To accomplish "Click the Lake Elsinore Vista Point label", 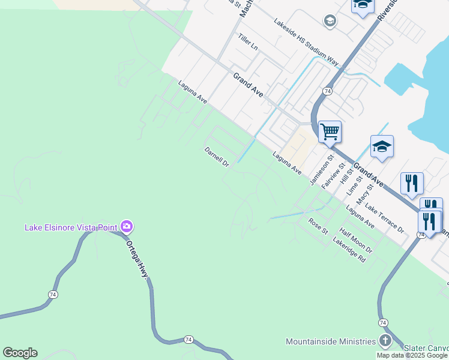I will point(71,227).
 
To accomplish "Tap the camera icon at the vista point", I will point(127,227).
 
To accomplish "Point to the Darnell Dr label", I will point(217,157).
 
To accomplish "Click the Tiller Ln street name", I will point(247,42).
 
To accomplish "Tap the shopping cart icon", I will point(330,131).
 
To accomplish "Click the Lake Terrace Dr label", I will point(385,219).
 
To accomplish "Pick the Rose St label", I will point(318,226).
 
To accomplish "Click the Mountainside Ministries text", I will point(330,341).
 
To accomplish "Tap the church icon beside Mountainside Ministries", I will point(385,341).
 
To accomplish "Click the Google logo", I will point(20,353).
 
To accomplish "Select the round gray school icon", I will point(329,22).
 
